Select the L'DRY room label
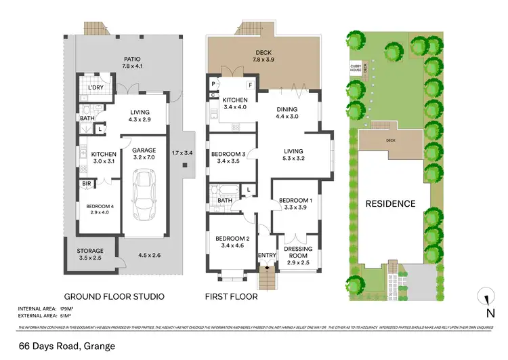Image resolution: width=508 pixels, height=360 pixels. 97,88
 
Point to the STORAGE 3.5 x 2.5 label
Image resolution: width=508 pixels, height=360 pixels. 89,255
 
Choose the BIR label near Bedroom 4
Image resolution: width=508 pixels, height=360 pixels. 87,184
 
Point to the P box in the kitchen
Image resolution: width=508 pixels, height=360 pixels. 213,84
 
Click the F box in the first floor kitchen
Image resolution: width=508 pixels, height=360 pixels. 249,85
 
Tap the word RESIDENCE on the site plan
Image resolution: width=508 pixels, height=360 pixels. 390,203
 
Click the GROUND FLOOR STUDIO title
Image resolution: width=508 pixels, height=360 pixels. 114,297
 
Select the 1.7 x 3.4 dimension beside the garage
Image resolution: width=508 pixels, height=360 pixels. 183,153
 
